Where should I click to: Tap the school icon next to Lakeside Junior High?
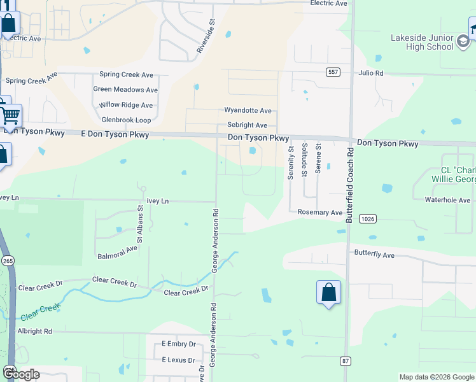click(x=464, y=43)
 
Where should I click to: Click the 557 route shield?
click(x=332, y=73)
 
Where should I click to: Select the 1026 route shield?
click(x=367, y=218)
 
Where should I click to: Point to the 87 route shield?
click(x=346, y=361)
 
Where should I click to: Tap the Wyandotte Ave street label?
click(x=248, y=111)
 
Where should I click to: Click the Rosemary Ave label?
click(x=320, y=212)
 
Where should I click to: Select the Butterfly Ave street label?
click(x=375, y=255)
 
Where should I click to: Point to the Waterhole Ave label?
click(x=447, y=200)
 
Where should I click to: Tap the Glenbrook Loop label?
click(x=126, y=120)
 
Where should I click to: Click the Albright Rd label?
click(x=34, y=331)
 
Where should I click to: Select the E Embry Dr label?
click(x=178, y=344)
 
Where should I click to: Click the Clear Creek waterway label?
click(x=40, y=312)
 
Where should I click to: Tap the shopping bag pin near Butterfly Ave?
click(x=328, y=293)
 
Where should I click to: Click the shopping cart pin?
click(x=10, y=116)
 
